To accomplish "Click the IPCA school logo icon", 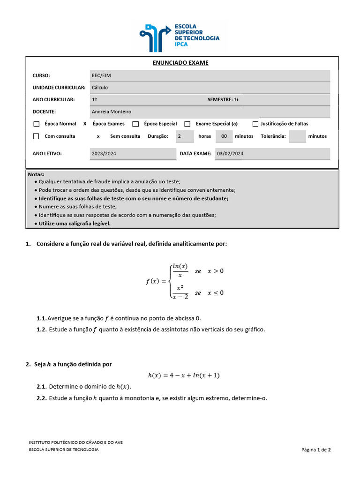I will pyautogui.click(x=154, y=37).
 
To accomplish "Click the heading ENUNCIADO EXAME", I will pyautogui.click(x=180, y=63).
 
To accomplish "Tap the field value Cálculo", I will pyautogui.click(x=100, y=88).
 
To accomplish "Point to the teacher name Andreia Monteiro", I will pyautogui.click(x=112, y=112).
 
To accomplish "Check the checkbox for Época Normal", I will pyautogui.click(x=37, y=124).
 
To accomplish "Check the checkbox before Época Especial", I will pyautogui.click(x=135, y=124).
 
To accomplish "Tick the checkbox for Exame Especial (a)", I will pyautogui.click(x=187, y=124).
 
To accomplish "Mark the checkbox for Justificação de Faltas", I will pyautogui.click(x=255, y=124).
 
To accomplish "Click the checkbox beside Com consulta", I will pyautogui.click(x=37, y=136).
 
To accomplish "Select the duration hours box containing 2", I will pyautogui.click(x=185, y=136).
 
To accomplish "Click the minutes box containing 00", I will pyautogui.click(x=224, y=136).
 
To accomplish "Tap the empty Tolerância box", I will pyautogui.click(x=298, y=136).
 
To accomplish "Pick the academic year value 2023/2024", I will pyautogui.click(x=104, y=154).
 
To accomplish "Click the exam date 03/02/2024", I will pyautogui.click(x=230, y=154).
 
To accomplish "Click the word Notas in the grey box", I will pyautogui.click(x=36, y=174).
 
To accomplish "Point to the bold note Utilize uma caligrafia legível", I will pyautogui.click(x=75, y=224).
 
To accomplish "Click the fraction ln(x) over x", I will pyautogui.click(x=180, y=270).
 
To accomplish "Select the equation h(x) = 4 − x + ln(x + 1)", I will pyautogui.click(x=184, y=375).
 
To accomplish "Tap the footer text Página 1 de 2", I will pyautogui.click(x=316, y=450).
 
